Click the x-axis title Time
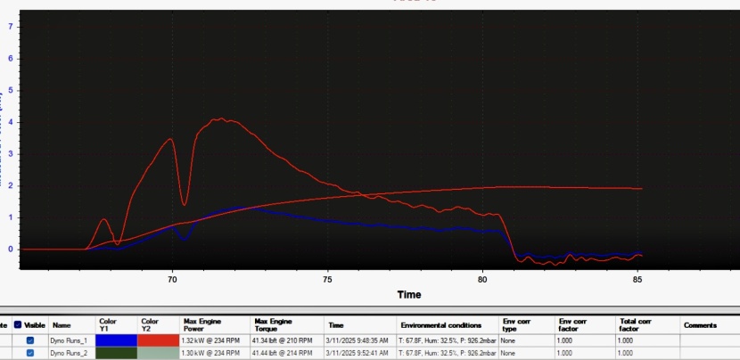(x=409, y=294)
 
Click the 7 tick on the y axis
(x=10, y=27)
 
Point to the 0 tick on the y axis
(x=10, y=250)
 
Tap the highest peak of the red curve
(x=216, y=119)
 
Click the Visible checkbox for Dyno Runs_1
(x=30, y=340)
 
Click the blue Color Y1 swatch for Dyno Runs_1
(x=115, y=340)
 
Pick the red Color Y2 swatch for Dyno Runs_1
(x=157, y=340)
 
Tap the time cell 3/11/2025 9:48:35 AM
(x=359, y=340)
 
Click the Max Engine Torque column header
(x=272, y=325)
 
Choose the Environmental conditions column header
(x=440, y=325)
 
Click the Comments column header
(x=700, y=325)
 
